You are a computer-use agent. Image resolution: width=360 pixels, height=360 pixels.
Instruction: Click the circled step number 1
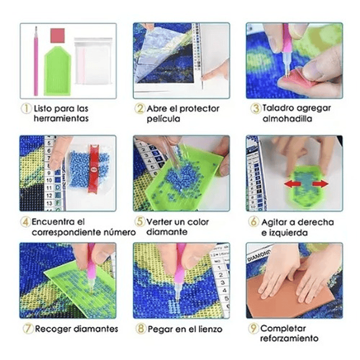[x=26, y=108]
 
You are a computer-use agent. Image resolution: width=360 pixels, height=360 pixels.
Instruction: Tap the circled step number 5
[x=140, y=221]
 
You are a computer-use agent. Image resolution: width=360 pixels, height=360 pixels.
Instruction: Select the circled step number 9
[x=253, y=328]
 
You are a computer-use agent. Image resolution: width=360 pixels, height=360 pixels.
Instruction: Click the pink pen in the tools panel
[x=36, y=61]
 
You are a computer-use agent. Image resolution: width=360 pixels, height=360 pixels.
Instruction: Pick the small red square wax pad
[x=58, y=36]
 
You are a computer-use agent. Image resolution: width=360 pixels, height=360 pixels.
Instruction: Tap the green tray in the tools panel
[x=57, y=71]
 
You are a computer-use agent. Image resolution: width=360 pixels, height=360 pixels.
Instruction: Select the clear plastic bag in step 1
[x=93, y=61]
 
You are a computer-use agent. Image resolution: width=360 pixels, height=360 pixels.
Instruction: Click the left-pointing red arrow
[x=293, y=184]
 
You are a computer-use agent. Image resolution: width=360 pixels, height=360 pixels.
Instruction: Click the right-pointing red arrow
[x=320, y=184]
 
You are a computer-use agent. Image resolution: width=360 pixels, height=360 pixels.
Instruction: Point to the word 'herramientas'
[x=61, y=119]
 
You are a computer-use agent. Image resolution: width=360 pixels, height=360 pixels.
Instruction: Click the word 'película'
[x=163, y=119]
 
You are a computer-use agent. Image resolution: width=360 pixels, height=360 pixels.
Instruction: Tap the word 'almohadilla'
[x=287, y=119]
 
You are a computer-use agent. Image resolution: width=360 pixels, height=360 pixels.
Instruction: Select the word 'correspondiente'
[x=66, y=232]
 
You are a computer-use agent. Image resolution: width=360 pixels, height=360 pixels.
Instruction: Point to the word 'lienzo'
[x=210, y=329]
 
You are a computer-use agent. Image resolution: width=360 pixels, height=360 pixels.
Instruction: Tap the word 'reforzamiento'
[x=289, y=338]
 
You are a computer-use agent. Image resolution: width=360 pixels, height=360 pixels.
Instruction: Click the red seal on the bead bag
[x=94, y=169]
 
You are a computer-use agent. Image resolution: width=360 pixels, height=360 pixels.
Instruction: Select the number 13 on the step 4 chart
[x=49, y=203]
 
